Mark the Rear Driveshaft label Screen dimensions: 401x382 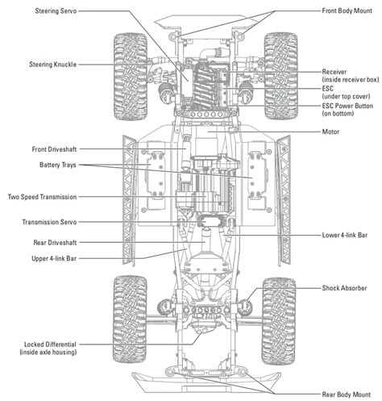pyautogui.click(x=60, y=242)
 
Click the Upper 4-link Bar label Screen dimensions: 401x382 pyautogui.click(x=59, y=258)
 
